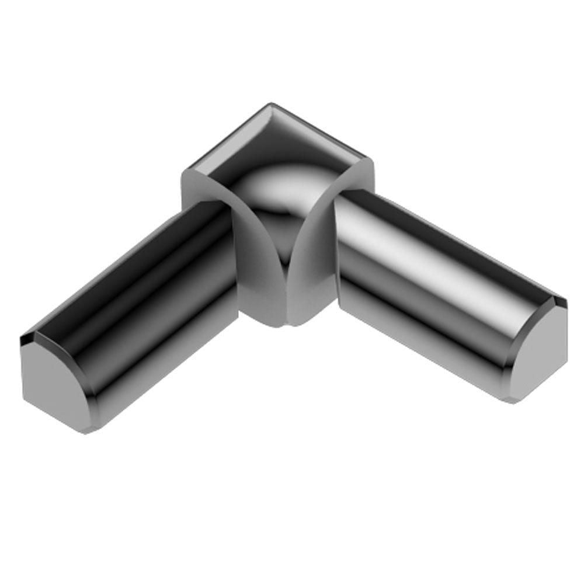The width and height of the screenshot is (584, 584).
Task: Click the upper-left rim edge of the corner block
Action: pyautogui.click(x=225, y=137)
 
